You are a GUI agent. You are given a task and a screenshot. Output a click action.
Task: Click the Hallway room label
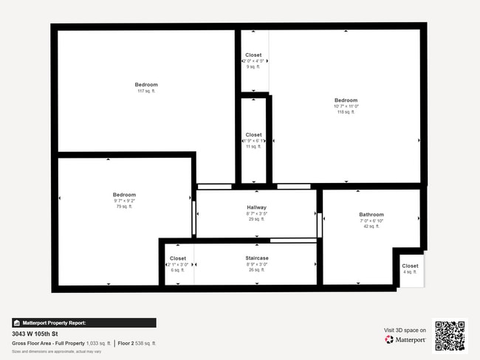[256, 207]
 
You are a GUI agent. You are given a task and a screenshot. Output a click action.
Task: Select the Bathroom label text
[371, 215]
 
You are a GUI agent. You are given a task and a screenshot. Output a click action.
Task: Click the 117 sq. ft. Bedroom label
[146, 85]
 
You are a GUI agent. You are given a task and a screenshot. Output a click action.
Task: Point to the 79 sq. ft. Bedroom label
[124, 195]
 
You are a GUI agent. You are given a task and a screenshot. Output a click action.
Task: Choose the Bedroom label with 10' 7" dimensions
[346, 100]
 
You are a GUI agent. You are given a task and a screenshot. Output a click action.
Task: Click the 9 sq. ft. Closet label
[253, 55]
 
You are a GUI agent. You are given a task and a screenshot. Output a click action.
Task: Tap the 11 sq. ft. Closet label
[253, 135]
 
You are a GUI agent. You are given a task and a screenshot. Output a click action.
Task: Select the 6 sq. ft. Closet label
[178, 258]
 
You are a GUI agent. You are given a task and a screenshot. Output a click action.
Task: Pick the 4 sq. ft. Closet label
[410, 266]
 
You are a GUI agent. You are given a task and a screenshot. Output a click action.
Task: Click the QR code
[450, 336]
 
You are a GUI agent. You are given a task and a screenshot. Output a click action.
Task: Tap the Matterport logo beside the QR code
[405, 340]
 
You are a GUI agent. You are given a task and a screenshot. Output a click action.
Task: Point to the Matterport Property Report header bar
[84, 322]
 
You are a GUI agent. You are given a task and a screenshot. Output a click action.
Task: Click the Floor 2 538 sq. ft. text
[137, 343]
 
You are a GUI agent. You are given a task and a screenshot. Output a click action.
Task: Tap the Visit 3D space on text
[405, 330]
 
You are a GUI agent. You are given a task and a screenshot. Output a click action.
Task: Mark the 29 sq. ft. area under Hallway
[256, 219]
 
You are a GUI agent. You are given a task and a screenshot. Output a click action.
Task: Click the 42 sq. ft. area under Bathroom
[371, 226]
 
